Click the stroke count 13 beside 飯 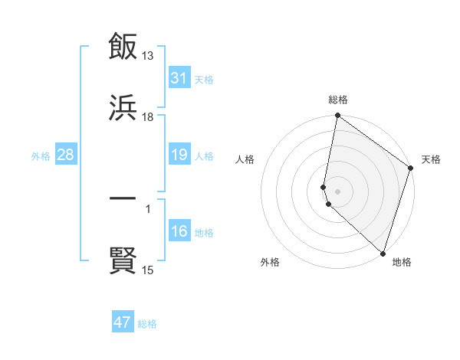[x=148, y=55]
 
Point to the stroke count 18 [x=148, y=117]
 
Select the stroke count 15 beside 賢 [x=148, y=270]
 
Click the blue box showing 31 [x=179, y=78]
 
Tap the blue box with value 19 [x=179, y=155]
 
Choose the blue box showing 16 [x=179, y=231]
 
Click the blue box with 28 [x=66, y=155]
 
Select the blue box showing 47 [x=123, y=322]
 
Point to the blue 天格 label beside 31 [x=204, y=79]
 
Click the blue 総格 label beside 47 [x=147, y=323]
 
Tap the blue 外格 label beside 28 [x=41, y=155]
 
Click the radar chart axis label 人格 [x=245, y=159]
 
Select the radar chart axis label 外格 [x=270, y=262]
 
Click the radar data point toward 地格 [x=383, y=254]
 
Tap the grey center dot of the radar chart [x=337, y=191]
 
